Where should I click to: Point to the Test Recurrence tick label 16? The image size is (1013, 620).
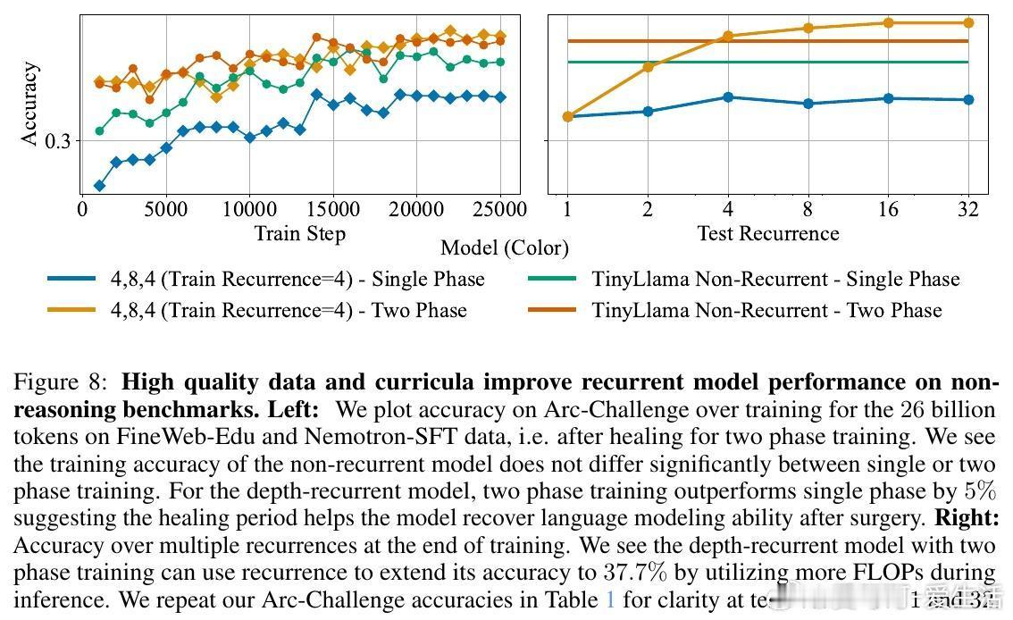click(x=888, y=210)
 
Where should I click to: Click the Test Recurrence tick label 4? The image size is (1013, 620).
click(x=728, y=210)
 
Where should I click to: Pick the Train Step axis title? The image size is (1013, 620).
click(x=299, y=234)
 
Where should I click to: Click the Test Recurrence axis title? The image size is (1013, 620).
click(x=767, y=234)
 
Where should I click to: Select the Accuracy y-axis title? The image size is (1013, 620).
click(x=30, y=104)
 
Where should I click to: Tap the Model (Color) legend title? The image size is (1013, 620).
click(x=505, y=248)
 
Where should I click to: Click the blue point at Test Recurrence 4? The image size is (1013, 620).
click(x=728, y=96)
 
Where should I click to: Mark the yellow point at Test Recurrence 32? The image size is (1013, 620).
click(x=968, y=23)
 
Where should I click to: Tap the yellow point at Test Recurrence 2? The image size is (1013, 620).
click(x=648, y=67)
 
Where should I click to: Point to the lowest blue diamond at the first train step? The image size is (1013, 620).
click(x=99, y=186)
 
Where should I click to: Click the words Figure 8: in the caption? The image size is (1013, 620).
click(x=61, y=383)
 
